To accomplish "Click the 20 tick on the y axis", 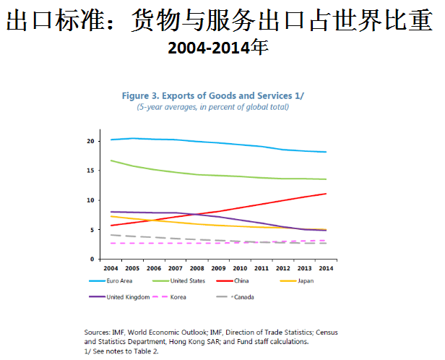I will coord(92,141).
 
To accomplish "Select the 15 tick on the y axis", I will coord(92,171).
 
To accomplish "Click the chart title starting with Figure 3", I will coord(213,95).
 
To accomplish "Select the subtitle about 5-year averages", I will coord(213,107).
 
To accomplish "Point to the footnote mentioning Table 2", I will coord(121,350).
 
